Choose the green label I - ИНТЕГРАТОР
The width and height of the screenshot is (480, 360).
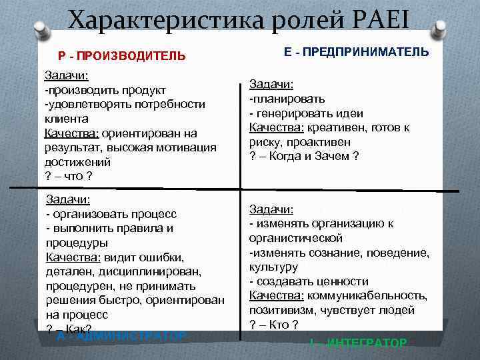point(357,343)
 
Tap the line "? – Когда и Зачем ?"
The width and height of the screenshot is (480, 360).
point(304,156)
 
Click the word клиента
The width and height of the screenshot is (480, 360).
point(66,119)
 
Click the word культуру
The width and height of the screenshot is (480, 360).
point(273,267)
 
